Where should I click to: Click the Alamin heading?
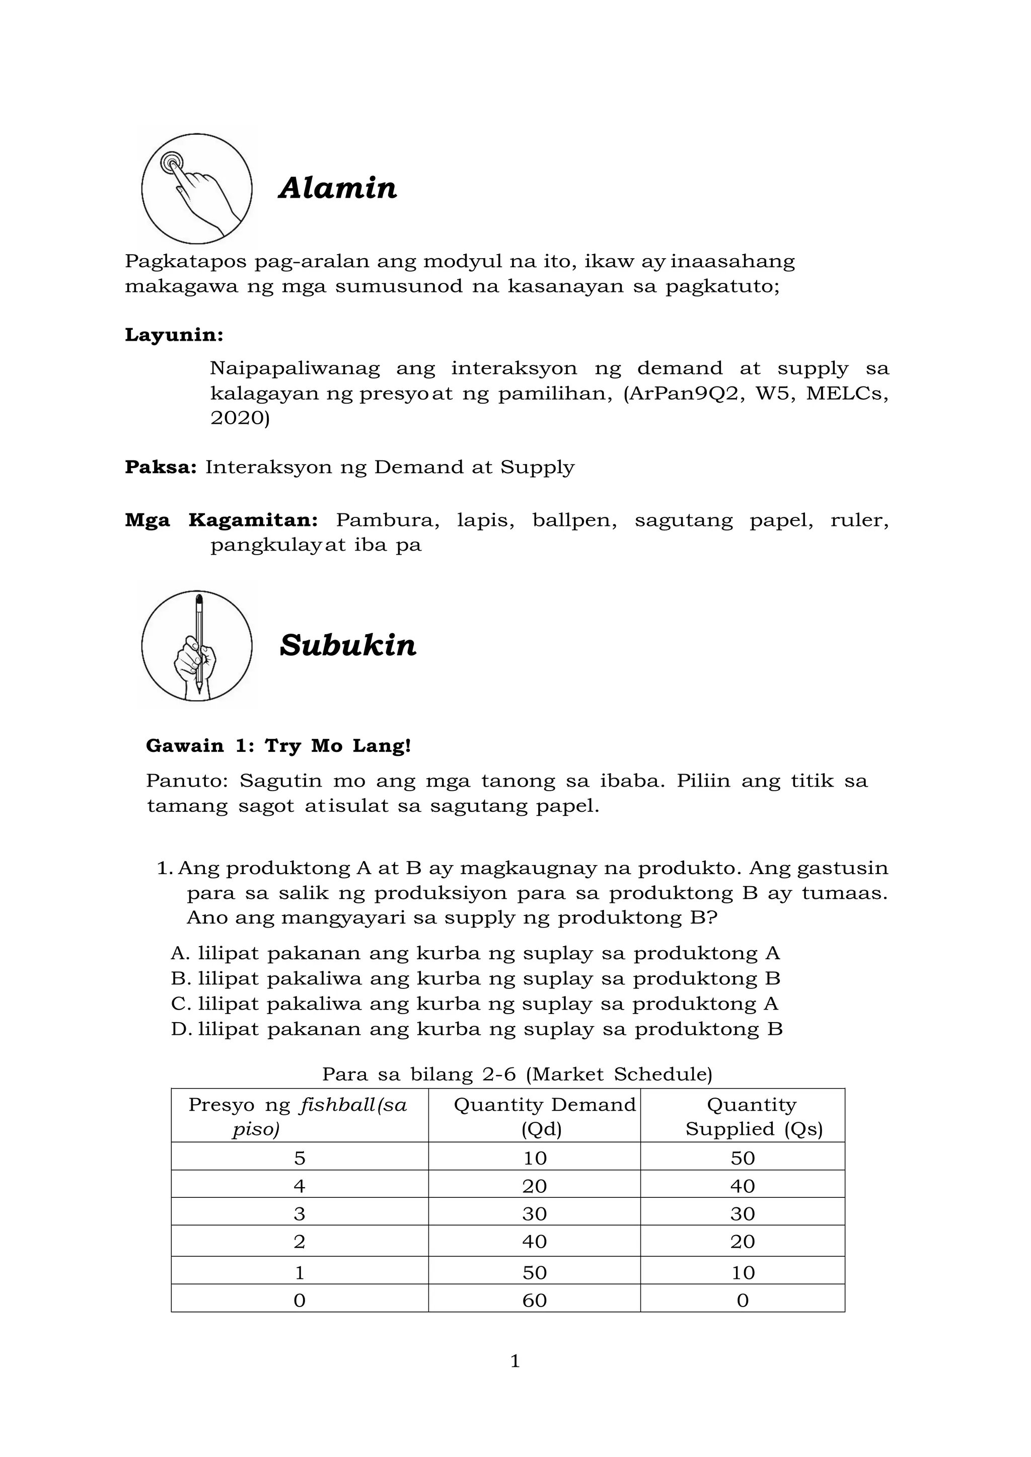pyautogui.click(x=338, y=188)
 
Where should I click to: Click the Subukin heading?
pyautogui.click(x=348, y=645)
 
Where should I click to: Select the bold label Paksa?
pyautogui.click(x=161, y=467)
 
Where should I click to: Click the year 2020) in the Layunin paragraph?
pyautogui.click(x=240, y=418)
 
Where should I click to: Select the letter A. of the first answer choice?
pyautogui.click(x=180, y=953)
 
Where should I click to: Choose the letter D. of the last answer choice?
pyautogui.click(x=181, y=1029)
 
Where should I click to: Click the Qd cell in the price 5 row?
pyautogui.click(x=535, y=1158)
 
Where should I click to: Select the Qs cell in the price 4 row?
pyautogui.click(x=742, y=1186)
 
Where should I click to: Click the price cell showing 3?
pyautogui.click(x=300, y=1214)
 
